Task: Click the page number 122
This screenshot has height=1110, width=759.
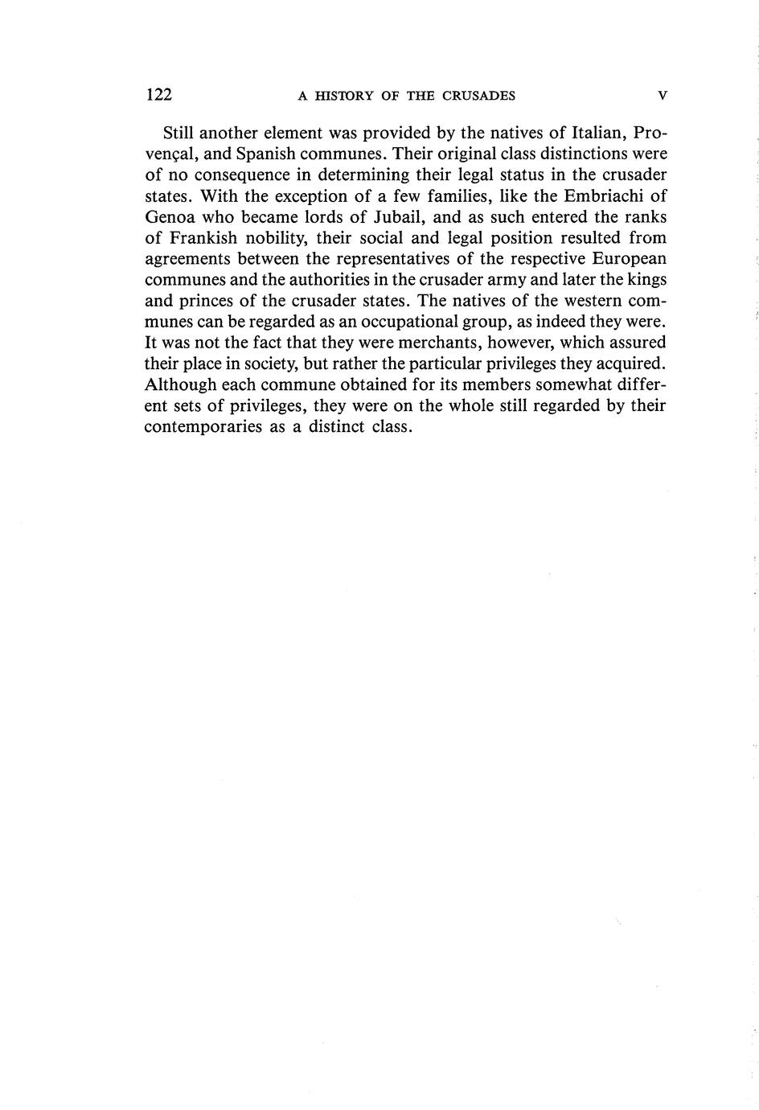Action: coord(159,95)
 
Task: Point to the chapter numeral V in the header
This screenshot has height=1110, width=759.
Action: coord(662,96)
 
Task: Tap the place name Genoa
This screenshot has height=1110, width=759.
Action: coord(171,216)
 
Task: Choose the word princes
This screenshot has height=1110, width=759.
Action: coord(206,301)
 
